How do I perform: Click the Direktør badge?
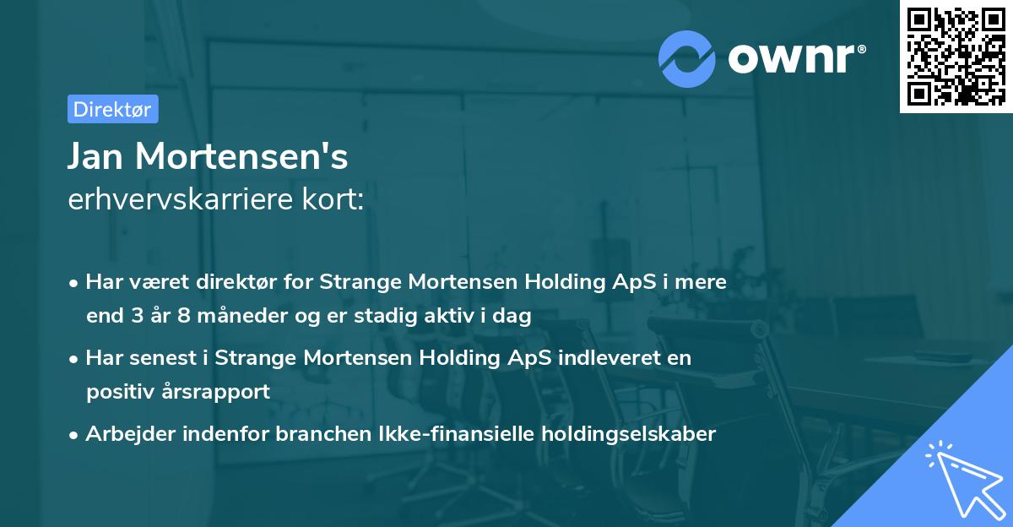click(112, 109)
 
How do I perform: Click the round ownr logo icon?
click(687, 58)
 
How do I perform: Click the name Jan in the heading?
click(95, 156)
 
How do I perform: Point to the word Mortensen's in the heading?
click(242, 156)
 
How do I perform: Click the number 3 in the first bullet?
click(138, 317)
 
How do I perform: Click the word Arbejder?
click(126, 434)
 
